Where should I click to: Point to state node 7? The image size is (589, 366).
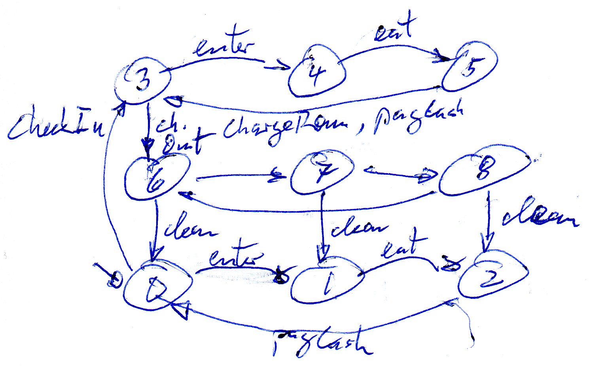click(x=321, y=173)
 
